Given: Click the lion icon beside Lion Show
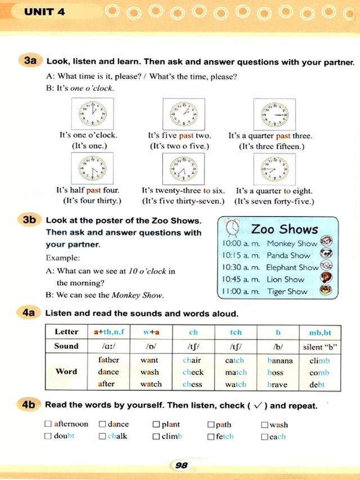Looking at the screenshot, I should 325,279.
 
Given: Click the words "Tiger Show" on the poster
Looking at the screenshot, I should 287,291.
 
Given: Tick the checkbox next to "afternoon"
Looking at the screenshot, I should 48,424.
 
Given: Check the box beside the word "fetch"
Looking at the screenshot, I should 211,437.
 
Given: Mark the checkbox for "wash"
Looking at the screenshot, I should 264,424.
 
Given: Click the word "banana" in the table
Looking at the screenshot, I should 278,360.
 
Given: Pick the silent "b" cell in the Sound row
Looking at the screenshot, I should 319,347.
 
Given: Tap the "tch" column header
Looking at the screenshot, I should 236,332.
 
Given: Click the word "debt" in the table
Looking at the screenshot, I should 317,385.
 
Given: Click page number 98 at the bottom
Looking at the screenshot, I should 181,465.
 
